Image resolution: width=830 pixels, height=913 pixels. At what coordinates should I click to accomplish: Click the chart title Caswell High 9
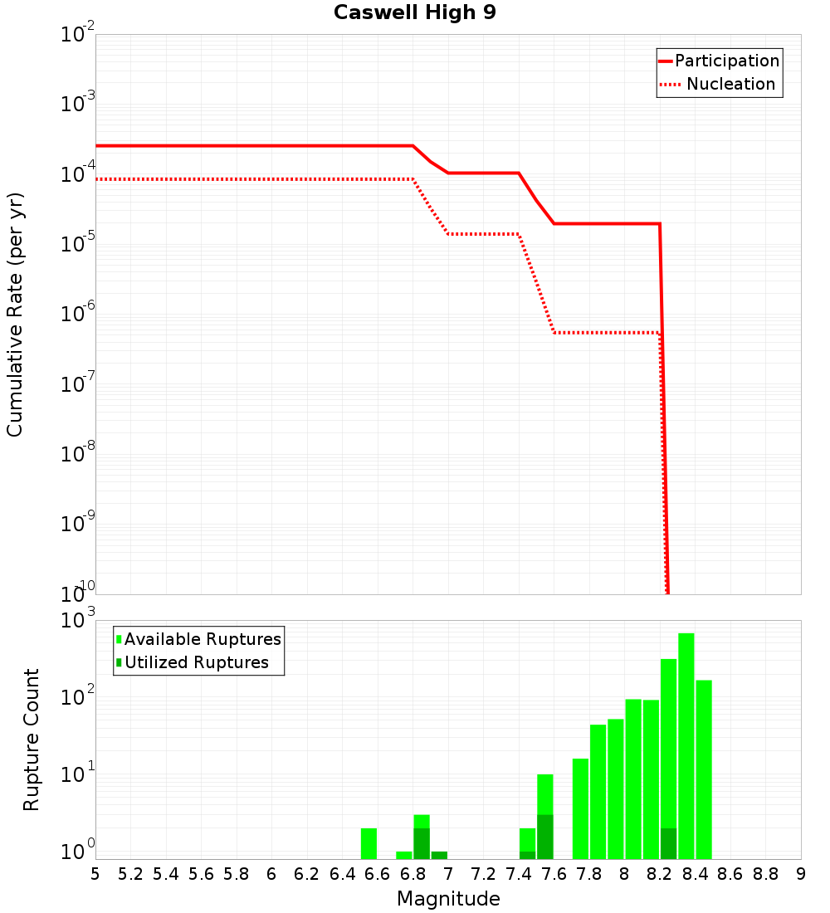point(415,13)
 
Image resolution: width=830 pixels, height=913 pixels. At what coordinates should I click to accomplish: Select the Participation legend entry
point(726,61)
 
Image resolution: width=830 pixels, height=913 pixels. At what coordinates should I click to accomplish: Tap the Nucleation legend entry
point(730,85)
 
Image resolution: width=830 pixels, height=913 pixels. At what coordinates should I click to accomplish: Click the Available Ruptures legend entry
point(203,639)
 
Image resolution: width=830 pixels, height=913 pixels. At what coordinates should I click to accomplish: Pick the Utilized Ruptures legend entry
point(196,662)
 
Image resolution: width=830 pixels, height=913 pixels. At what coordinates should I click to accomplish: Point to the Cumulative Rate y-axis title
point(15,315)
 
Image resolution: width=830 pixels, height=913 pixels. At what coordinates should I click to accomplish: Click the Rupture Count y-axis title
point(32,740)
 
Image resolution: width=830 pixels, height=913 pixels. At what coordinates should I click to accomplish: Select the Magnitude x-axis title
point(448,899)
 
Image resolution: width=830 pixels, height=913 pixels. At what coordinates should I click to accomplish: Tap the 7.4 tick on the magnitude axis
point(519,874)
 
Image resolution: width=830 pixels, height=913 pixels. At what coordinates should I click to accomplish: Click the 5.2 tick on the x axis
point(131,874)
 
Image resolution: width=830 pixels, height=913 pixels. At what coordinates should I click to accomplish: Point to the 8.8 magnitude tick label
point(765,874)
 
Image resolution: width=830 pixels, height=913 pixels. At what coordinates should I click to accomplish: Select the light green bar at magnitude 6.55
point(369,843)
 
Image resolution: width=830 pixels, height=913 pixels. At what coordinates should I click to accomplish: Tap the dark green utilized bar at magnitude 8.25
point(669,843)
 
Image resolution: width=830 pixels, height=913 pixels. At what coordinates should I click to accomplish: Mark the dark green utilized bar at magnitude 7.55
point(545,837)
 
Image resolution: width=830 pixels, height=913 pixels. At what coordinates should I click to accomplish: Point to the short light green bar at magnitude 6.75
point(404,855)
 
